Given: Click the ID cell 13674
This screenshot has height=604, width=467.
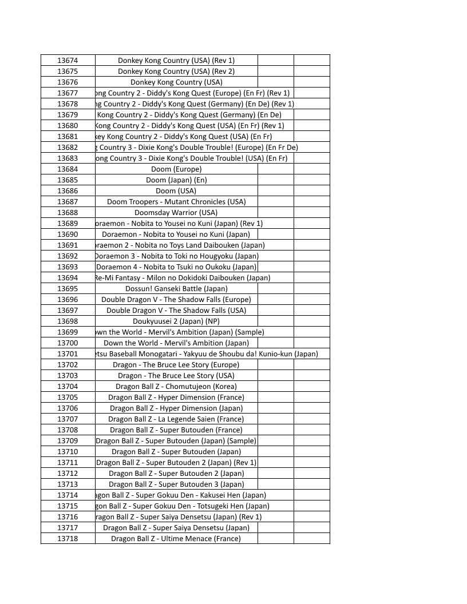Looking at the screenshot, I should click(68, 60).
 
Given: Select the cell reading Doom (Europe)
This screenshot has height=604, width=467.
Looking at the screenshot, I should click(176, 169).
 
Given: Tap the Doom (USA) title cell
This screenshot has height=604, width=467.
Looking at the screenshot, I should click(176, 190).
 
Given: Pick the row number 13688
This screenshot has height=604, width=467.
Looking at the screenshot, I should click(68, 212).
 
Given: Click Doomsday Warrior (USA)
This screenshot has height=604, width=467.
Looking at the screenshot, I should click(176, 212).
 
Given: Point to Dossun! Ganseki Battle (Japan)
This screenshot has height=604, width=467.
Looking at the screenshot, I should click(176, 288).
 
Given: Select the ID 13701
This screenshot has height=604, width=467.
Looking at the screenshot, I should click(68, 353).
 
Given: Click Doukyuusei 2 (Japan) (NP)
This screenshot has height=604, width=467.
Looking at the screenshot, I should click(176, 321).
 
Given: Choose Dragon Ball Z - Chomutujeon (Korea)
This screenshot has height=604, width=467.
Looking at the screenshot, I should click(176, 386).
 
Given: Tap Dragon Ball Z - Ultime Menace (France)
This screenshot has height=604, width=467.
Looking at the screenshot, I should click(176, 538).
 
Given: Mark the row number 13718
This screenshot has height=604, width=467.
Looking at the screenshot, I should click(68, 538).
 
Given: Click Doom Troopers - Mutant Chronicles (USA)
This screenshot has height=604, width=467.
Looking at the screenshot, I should click(176, 201).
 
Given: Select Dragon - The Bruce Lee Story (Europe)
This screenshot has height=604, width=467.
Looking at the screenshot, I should click(176, 364).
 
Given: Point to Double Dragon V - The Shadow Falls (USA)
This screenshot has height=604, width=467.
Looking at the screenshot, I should click(176, 310).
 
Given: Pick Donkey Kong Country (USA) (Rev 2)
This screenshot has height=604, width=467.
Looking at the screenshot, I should click(176, 71).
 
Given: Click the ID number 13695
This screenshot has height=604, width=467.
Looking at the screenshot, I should click(68, 288).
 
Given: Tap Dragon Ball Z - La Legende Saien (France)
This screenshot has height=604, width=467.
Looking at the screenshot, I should click(176, 419).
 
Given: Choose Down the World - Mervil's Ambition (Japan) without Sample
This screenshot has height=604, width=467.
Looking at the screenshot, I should click(176, 343).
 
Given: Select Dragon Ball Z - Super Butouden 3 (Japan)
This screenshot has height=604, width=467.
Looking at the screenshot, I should click(176, 484).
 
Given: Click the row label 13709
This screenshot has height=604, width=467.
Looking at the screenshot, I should click(68, 440).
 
